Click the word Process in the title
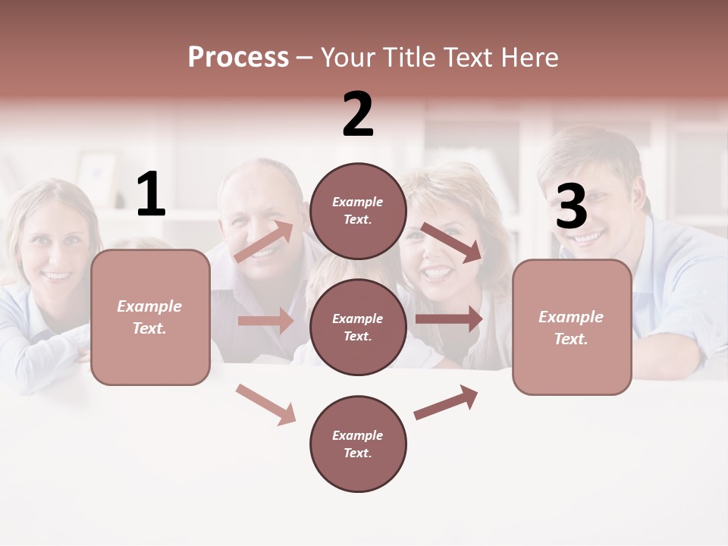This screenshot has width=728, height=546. pyautogui.click(x=238, y=58)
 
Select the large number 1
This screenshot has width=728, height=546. pyautogui.click(x=151, y=194)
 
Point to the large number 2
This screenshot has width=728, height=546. pyautogui.click(x=358, y=115)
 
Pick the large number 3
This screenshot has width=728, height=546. pyautogui.click(x=571, y=207)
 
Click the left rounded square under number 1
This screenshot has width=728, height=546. pyautogui.click(x=150, y=317)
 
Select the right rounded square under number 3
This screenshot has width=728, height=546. pyautogui.click(x=572, y=328)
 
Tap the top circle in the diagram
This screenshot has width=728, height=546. pyautogui.click(x=359, y=211)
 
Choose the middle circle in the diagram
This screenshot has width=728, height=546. pyautogui.click(x=359, y=328)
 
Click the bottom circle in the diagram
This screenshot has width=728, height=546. pyautogui.click(x=359, y=444)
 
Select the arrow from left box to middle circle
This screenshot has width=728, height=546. pyautogui.click(x=265, y=321)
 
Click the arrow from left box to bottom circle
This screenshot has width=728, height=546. pyautogui.click(x=266, y=404)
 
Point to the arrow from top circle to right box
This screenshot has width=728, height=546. pyautogui.click(x=452, y=243)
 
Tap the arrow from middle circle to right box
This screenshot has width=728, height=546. pyautogui.click(x=449, y=318)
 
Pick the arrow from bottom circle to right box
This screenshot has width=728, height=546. pyautogui.click(x=446, y=403)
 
